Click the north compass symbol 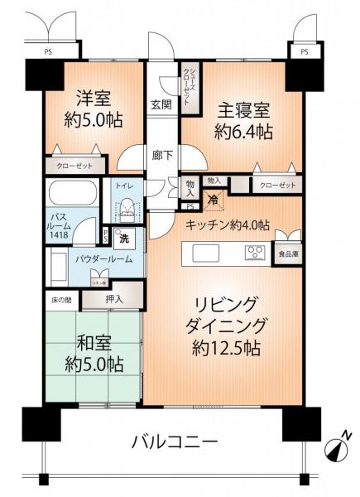pos(338,450)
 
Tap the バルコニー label pos(174,440)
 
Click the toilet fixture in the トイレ pos(127,205)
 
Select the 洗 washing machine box pos(122,239)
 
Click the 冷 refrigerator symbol pos(212,199)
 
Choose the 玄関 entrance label pos(161,104)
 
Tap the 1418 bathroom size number pos(61,236)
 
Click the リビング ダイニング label pos(227,326)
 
